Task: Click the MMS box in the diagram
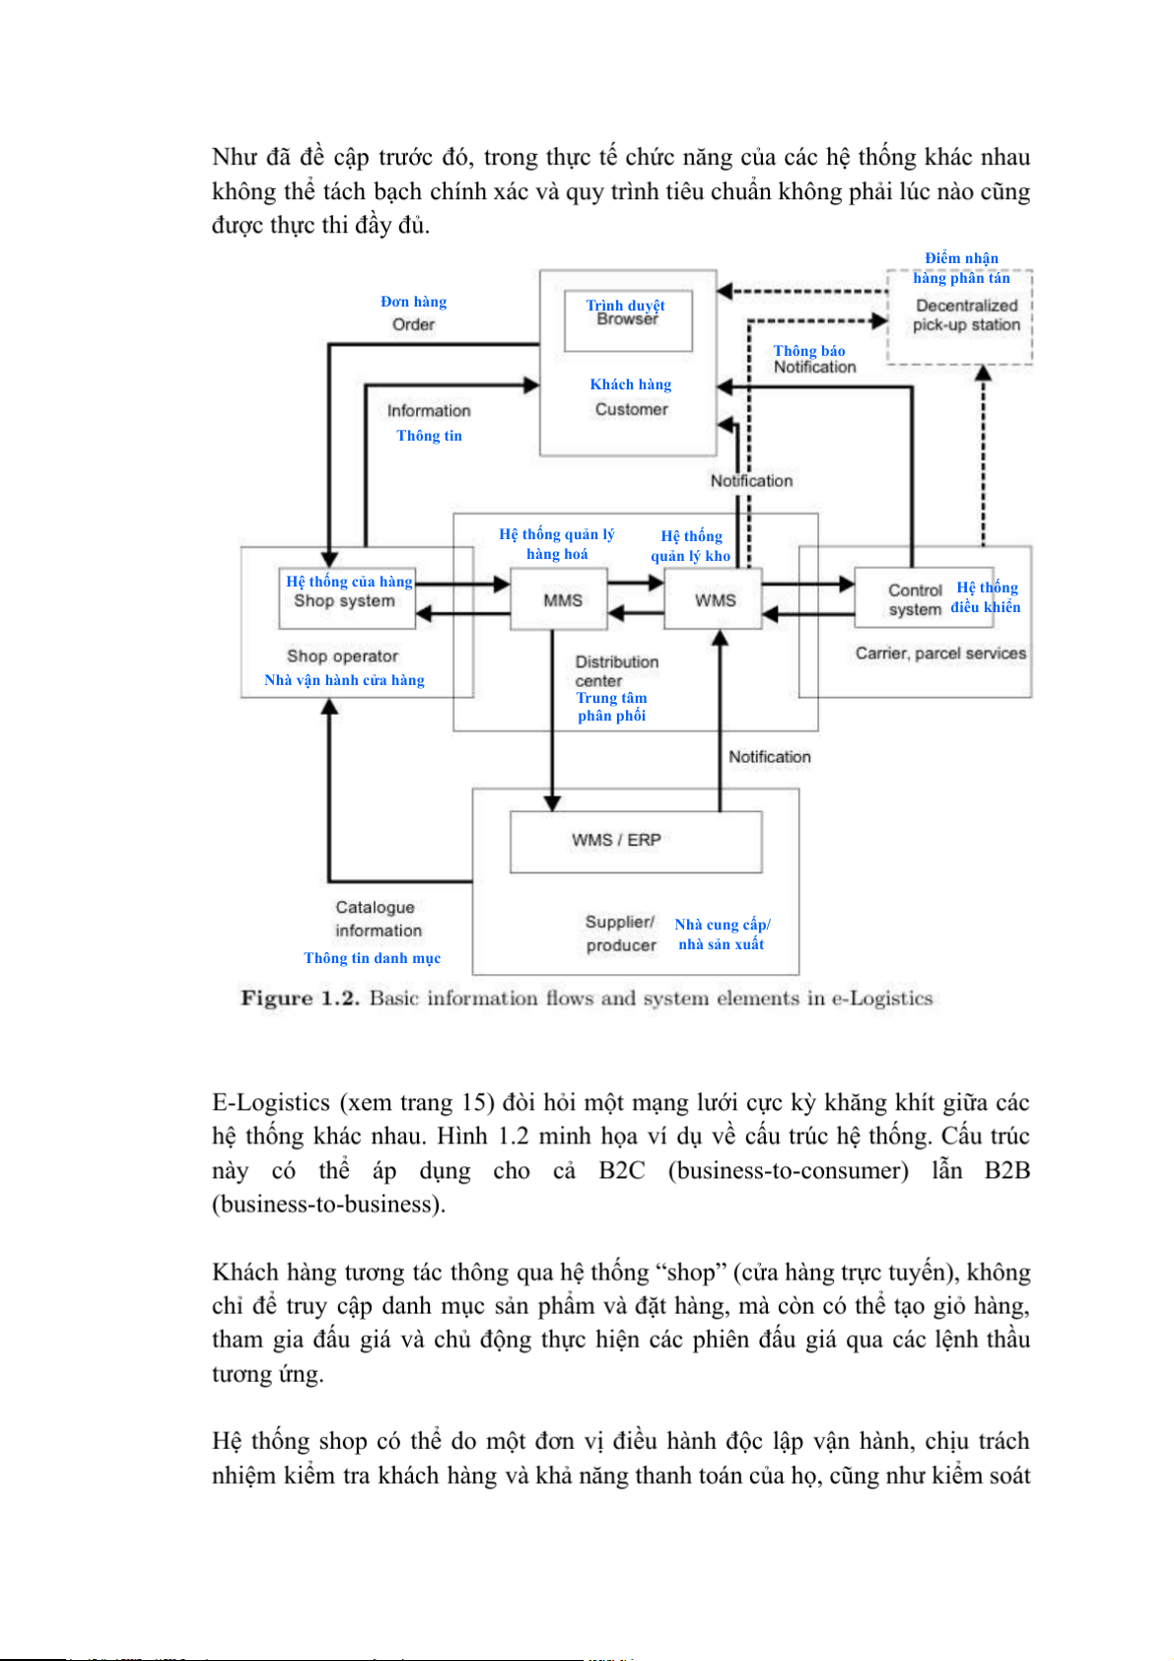[562, 599]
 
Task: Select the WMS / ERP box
[635, 841]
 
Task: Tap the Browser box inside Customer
[628, 320]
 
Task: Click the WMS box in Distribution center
[715, 599]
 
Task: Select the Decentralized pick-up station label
[966, 315]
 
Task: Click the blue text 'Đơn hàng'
[414, 302]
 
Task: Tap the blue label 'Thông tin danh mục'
[373, 958]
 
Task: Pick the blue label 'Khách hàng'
[631, 384]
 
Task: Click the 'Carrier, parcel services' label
[940, 654]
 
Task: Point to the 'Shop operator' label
[343, 657]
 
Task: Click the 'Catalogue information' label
[377, 919]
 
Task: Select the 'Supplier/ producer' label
[621, 934]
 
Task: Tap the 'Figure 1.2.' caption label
[300, 999]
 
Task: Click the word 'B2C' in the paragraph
[621, 1171]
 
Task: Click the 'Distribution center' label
[616, 671]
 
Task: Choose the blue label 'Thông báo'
[809, 351]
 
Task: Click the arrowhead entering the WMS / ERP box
[552, 802]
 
